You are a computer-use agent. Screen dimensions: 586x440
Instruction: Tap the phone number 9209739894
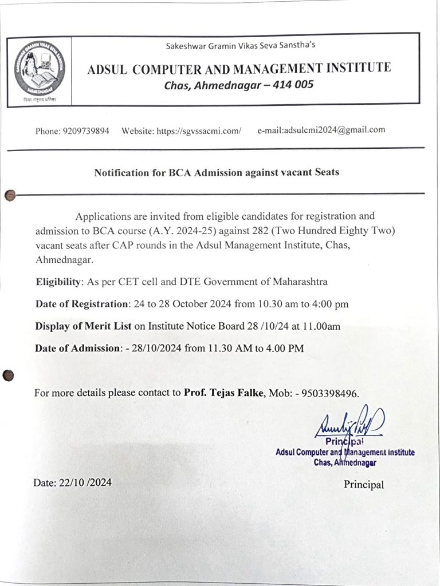pos(88,131)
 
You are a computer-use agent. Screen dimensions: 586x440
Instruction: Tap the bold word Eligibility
pos(59,282)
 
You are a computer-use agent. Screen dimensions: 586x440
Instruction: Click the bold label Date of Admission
pos(78,348)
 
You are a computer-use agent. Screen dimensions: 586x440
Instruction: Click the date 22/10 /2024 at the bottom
pos(85,482)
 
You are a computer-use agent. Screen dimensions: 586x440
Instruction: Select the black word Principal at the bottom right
pos(364,485)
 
